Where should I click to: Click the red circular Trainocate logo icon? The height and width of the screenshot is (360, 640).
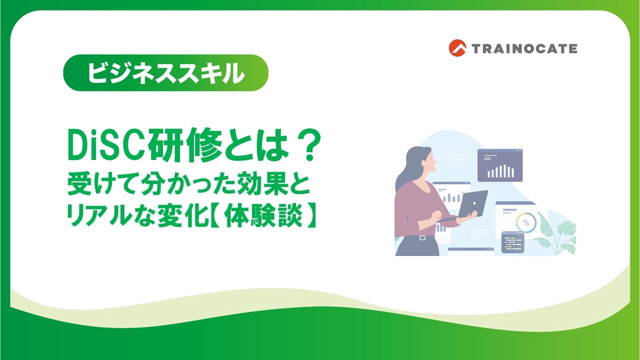[457, 48]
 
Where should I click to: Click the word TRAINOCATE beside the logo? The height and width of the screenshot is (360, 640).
[524, 48]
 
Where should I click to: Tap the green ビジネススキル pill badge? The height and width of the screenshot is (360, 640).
[165, 73]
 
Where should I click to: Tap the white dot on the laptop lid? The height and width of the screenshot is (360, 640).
[474, 203]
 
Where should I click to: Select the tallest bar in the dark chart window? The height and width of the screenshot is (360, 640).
[504, 171]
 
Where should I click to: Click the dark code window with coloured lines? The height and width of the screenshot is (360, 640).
[513, 242]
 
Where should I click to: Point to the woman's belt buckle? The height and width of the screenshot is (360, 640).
[422, 237]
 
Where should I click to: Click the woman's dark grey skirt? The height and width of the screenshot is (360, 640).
[417, 246]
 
